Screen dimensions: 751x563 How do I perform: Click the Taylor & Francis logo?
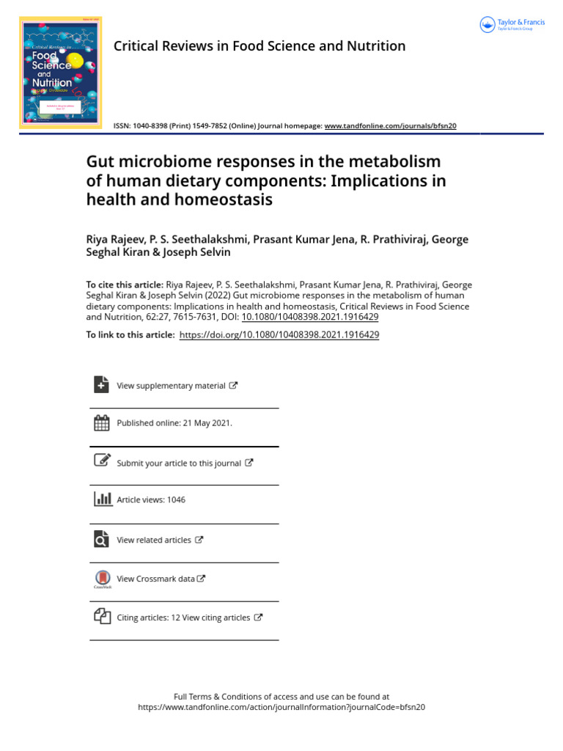click(x=512, y=25)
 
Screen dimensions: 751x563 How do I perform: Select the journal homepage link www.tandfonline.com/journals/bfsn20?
click(x=390, y=126)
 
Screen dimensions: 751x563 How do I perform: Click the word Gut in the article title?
click(x=102, y=161)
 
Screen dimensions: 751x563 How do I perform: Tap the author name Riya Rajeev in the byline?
click(x=116, y=240)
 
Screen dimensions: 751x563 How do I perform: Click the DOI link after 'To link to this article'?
click(x=279, y=334)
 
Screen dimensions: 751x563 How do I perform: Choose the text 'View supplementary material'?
click(x=171, y=386)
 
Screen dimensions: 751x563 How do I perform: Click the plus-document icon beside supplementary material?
click(x=101, y=385)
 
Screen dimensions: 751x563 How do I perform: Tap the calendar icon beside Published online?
click(x=101, y=423)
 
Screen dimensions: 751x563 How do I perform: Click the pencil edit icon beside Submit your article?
click(x=102, y=461)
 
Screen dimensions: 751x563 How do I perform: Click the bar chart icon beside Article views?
click(x=102, y=499)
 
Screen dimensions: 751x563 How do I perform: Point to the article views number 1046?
click(x=176, y=500)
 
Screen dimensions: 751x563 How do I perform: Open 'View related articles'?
click(x=154, y=540)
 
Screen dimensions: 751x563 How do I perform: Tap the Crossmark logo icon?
click(x=102, y=579)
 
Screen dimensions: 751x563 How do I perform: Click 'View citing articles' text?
click(x=216, y=618)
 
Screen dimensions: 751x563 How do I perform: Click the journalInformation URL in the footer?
click(x=281, y=708)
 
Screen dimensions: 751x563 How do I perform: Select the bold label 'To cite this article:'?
click(x=125, y=285)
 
